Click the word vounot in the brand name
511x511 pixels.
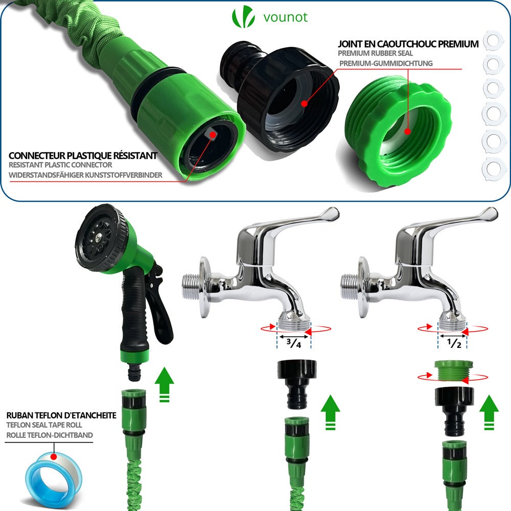pos(286,17)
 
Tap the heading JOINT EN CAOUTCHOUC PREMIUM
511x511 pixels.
pos(408,44)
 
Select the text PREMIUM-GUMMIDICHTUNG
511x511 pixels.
pos(386,63)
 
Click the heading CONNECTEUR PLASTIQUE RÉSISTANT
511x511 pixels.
pos(83,155)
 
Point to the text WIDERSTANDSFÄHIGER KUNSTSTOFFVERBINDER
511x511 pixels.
pos(85,175)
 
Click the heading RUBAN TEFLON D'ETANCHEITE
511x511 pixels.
pos(61,415)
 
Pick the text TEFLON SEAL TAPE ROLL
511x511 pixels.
pos(44,425)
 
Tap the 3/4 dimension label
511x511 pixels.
pos(293,343)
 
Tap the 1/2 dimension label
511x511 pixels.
pos(452,343)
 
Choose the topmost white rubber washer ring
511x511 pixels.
pos(494,40)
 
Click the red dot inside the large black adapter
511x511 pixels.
pos(304,103)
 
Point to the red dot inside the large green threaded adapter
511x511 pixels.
pos(407,131)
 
